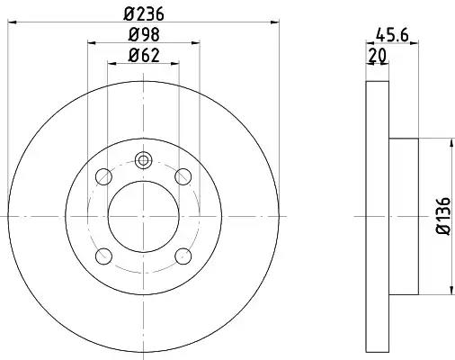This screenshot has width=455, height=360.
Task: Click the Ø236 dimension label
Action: point(144,13)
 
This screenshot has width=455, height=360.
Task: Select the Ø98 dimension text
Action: point(144,35)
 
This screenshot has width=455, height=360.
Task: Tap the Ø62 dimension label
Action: point(144,55)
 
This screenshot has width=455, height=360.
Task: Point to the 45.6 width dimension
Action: point(392,35)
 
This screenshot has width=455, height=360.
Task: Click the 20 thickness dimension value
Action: point(378,56)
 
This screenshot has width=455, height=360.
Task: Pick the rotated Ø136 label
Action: point(443,216)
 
